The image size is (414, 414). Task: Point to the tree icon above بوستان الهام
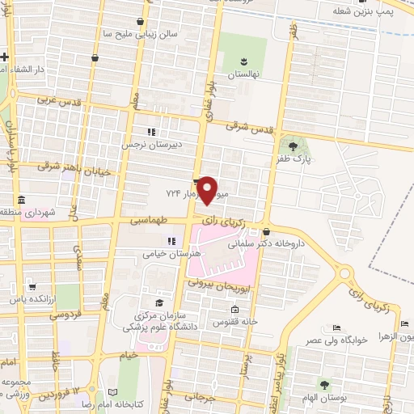(324, 385)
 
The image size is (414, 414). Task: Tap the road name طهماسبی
(150, 219)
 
